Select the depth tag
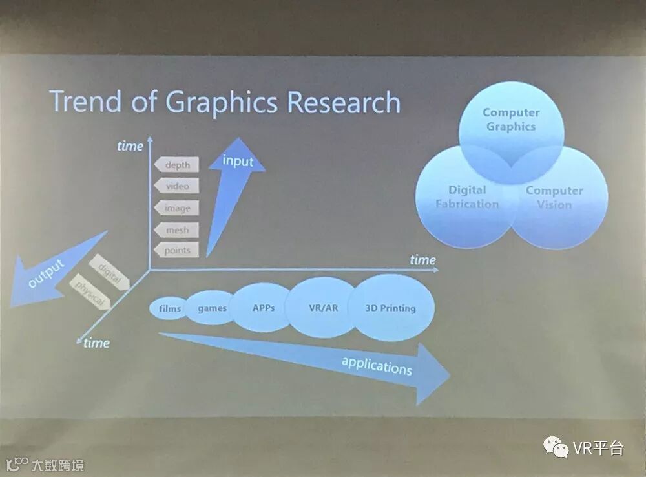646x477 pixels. pyautogui.click(x=176, y=165)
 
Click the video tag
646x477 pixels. pyautogui.click(x=176, y=186)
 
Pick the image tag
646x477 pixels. pyautogui.click(x=176, y=208)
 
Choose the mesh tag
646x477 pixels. pyautogui.click(x=176, y=229)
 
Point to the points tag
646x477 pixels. pyautogui.click(x=176, y=250)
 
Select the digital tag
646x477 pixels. pyautogui.click(x=109, y=271)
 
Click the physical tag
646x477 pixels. pyautogui.click(x=91, y=293)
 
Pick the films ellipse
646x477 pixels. pyautogui.click(x=169, y=308)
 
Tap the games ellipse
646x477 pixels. pyautogui.click(x=211, y=308)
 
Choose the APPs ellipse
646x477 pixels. pyautogui.click(x=263, y=308)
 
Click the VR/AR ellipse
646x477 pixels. pyautogui.click(x=323, y=308)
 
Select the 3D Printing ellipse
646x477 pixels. pyautogui.click(x=390, y=308)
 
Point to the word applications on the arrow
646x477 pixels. pyautogui.click(x=377, y=366)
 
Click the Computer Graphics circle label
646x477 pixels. pyautogui.click(x=510, y=120)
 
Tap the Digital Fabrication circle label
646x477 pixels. pyautogui.click(x=466, y=197)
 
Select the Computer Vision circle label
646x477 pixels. pyautogui.click(x=554, y=197)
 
